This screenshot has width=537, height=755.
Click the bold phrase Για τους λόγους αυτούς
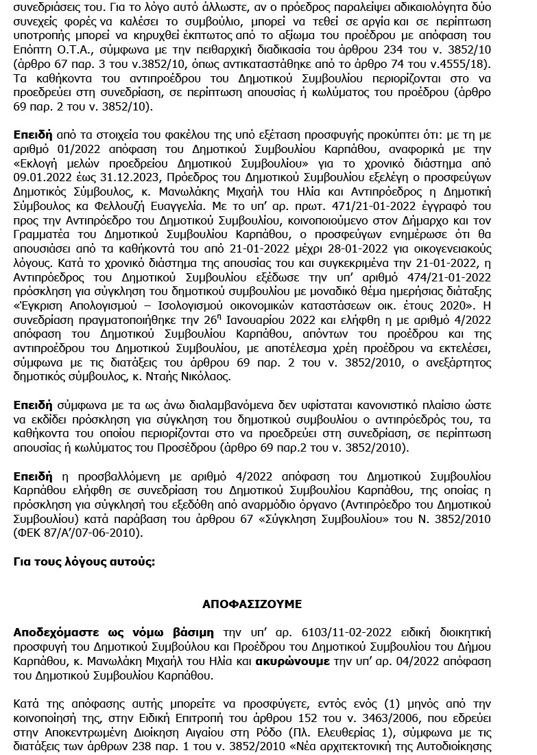tap(84, 561)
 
